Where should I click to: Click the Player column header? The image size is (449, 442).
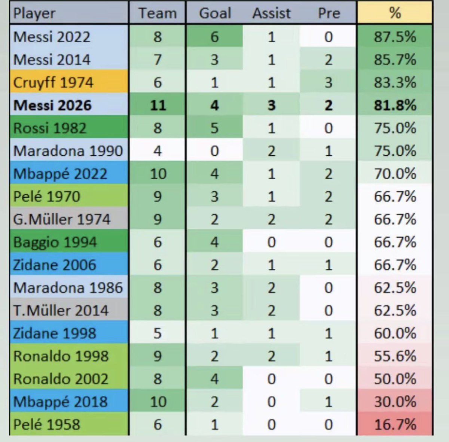(x=34, y=13)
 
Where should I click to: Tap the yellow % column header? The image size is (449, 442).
(x=395, y=13)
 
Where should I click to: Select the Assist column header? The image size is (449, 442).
(x=272, y=13)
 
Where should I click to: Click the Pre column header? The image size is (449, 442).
(x=329, y=13)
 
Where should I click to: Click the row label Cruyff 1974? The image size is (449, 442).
(x=54, y=83)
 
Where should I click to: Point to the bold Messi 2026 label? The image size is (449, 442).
(x=52, y=106)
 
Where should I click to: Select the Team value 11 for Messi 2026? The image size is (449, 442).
(x=158, y=106)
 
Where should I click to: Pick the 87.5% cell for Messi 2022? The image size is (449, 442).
(x=395, y=37)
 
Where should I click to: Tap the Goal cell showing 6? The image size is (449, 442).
(x=215, y=37)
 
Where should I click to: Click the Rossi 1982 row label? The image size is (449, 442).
(x=50, y=128)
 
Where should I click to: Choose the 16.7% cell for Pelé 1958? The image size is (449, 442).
(x=395, y=424)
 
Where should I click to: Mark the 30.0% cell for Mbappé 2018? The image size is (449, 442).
(x=395, y=402)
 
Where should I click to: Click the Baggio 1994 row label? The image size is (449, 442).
(x=55, y=242)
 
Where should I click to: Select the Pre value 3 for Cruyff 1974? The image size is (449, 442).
(x=329, y=83)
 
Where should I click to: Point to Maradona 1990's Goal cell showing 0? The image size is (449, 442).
(x=215, y=151)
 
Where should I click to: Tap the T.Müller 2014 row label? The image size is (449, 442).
(x=61, y=311)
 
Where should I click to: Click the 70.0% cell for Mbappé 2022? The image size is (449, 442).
(x=395, y=174)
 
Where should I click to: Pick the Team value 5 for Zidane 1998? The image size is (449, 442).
(x=158, y=333)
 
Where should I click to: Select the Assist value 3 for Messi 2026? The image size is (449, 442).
(x=271, y=106)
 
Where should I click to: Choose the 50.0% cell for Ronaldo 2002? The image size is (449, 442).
(x=395, y=379)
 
